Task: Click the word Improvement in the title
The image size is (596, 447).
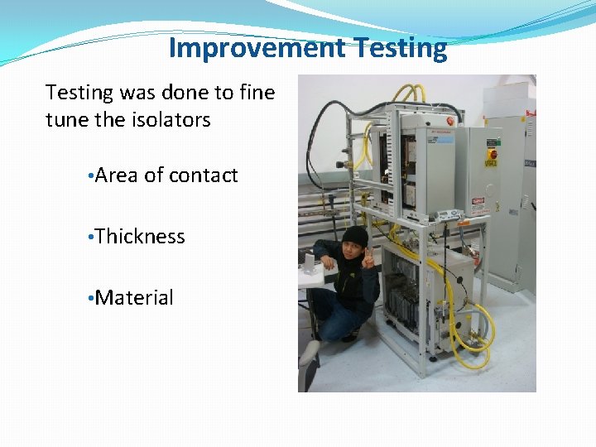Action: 257,48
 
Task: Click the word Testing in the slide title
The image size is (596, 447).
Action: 400,48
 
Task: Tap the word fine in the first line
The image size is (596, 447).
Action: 256,92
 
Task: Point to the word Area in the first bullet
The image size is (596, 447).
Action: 117,175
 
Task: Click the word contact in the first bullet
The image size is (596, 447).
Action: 203,175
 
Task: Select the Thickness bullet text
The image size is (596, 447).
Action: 140,237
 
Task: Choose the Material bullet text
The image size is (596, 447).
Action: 134,298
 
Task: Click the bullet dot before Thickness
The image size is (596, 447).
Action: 90,238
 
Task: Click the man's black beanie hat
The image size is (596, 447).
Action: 354,234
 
